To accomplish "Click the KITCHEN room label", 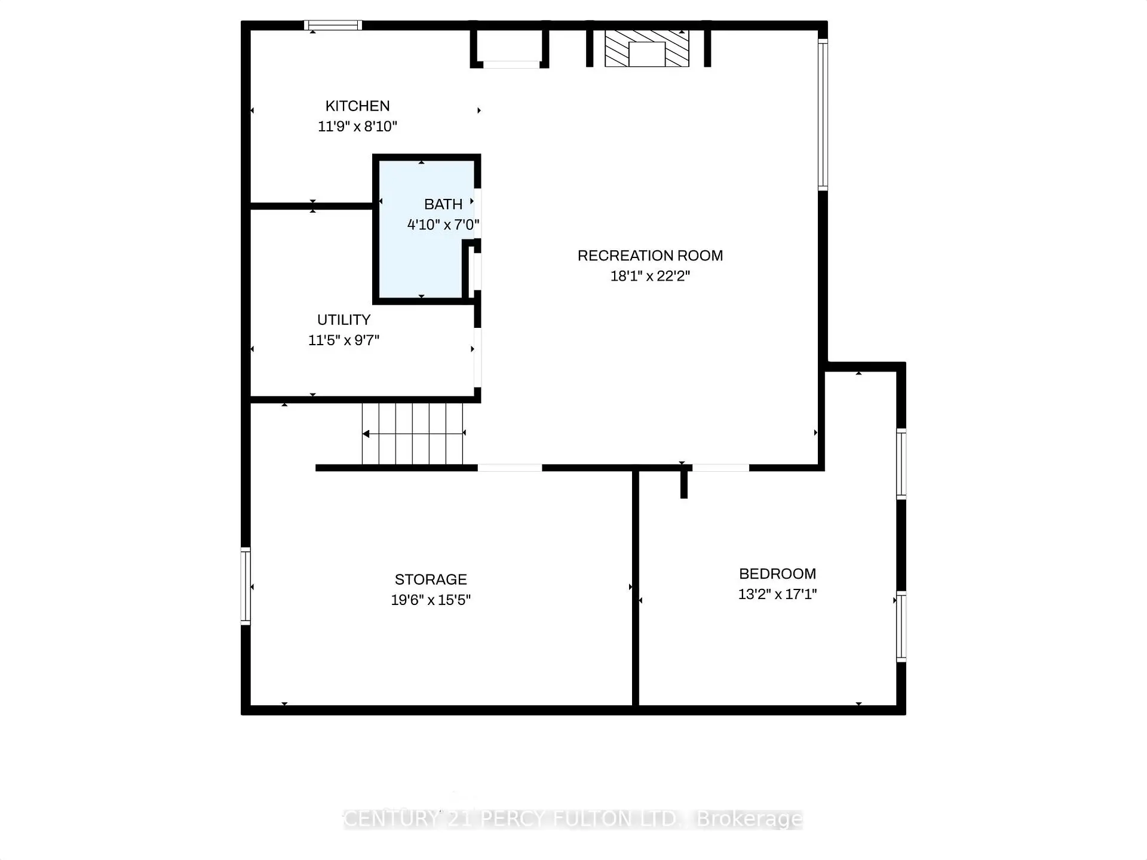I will point(357,106).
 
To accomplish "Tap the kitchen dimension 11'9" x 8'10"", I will point(357,127).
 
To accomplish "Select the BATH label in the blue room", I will point(443,204).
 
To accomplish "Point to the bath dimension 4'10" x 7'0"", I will point(443,225).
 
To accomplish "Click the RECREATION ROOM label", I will point(650,256).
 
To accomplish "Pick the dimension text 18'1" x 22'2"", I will point(650,276).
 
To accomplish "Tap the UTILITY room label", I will point(344,320).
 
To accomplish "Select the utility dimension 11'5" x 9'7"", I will point(344,340).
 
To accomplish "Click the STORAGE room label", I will point(431,579).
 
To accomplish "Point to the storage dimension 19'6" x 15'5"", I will point(431,600).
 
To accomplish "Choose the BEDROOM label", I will point(777,574).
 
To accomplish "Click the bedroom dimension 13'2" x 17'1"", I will point(777,594).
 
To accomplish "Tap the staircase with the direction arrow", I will point(412,434).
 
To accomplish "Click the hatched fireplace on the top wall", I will point(646,48).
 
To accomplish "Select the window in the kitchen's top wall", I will point(333,25).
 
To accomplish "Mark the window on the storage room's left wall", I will point(246,585).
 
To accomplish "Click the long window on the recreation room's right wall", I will point(823,115).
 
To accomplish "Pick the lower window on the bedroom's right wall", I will point(901,626).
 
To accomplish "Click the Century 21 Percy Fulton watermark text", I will point(572,819).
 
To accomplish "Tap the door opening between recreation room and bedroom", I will point(720,468).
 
